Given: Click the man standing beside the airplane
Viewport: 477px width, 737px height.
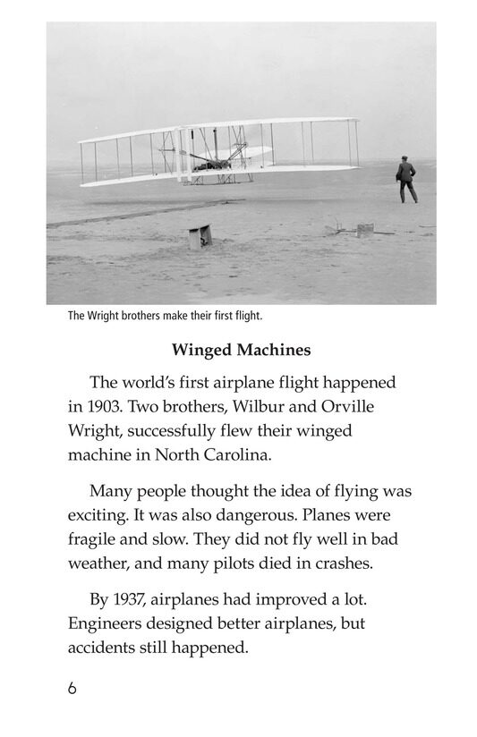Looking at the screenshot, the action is click(407, 179).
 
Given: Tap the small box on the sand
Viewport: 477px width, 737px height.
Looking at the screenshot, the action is click(199, 237).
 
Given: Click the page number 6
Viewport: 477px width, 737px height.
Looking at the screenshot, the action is click(72, 689).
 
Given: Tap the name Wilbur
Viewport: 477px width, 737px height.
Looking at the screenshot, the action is click(264, 405).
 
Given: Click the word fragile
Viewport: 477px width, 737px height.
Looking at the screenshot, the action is click(95, 540).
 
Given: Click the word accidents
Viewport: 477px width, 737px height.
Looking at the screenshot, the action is click(106, 647).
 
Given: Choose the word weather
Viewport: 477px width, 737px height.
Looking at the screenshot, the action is click(99, 564).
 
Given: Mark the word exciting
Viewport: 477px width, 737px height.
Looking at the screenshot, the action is click(98, 516).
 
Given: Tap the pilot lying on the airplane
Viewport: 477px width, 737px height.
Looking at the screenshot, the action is click(208, 162).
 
